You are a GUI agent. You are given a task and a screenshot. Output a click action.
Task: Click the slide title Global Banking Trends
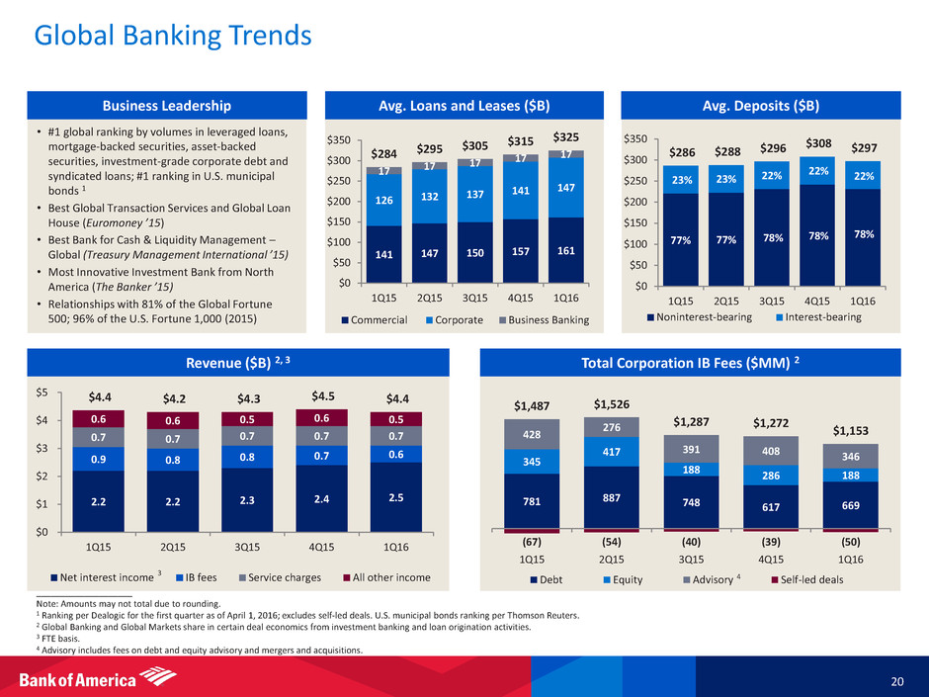click(x=173, y=37)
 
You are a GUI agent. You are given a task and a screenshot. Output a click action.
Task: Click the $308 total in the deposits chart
click(x=820, y=143)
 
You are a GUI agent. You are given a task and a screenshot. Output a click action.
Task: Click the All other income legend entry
click(x=384, y=576)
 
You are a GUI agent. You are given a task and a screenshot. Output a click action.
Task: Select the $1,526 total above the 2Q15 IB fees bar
click(x=613, y=404)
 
